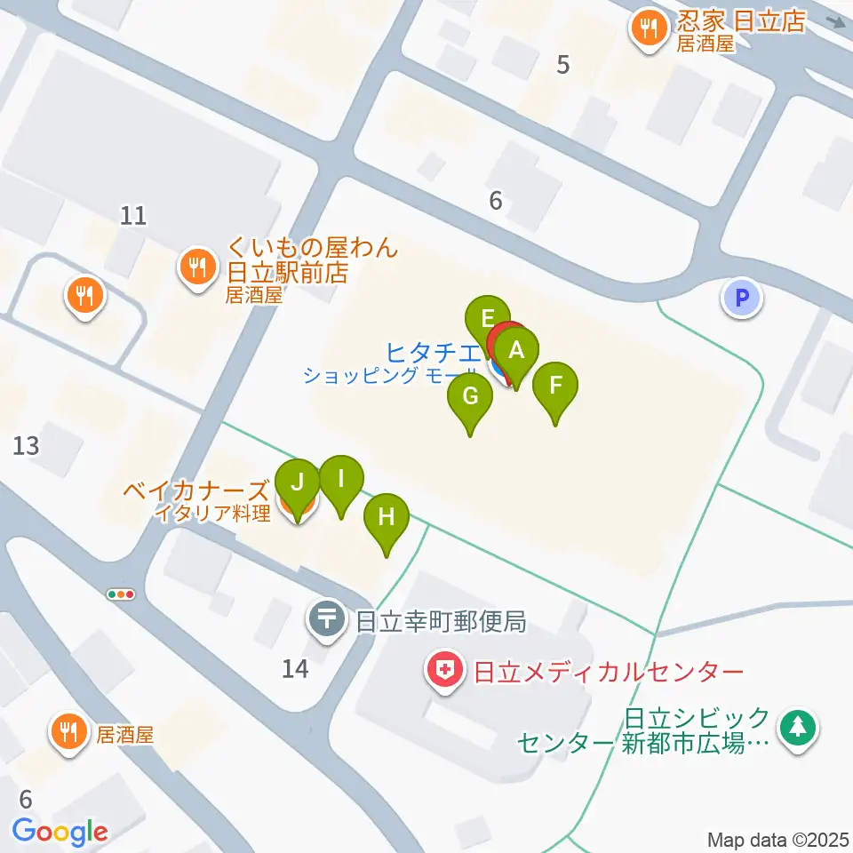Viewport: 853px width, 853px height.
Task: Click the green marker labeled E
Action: (487, 318)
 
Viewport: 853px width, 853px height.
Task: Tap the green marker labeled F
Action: (555, 386)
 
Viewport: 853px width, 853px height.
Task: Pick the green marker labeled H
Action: (387, 516)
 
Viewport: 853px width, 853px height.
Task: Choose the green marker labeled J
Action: (298, 482)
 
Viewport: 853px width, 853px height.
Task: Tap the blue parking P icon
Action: (742, 298)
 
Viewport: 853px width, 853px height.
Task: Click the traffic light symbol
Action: (120, 594)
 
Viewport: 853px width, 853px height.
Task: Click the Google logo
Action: (60, 832)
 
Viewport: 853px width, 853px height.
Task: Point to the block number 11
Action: (133, 215)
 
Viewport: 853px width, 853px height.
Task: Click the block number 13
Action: (27, 444)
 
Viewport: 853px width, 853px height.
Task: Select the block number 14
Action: (295, 668)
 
